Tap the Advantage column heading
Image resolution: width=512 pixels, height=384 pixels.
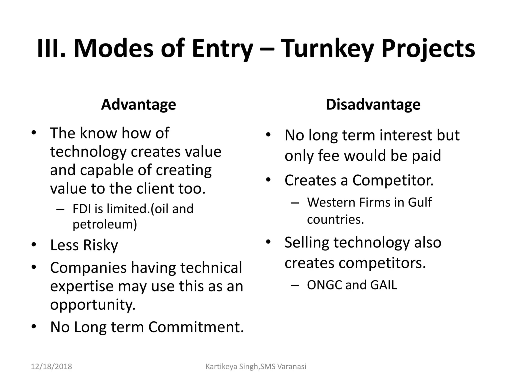(138, 104)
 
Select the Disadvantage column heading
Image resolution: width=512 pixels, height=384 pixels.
(373, 104)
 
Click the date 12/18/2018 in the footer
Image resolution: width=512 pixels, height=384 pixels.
(51, 366)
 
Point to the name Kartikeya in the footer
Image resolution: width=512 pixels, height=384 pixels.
(221, 367)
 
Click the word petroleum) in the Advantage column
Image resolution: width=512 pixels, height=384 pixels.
(105, 224)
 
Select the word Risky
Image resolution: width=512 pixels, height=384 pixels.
(100, 245)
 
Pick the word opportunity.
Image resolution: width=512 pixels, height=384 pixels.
(93, 305)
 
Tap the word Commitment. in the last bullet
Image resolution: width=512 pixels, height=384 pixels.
(196, 327)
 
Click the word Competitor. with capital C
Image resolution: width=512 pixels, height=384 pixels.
(393, 180)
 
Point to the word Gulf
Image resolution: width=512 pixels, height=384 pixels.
(420, 202)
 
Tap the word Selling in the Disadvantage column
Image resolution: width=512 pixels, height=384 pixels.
(306, 242)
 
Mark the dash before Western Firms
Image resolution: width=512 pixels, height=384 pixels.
(295, 202)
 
